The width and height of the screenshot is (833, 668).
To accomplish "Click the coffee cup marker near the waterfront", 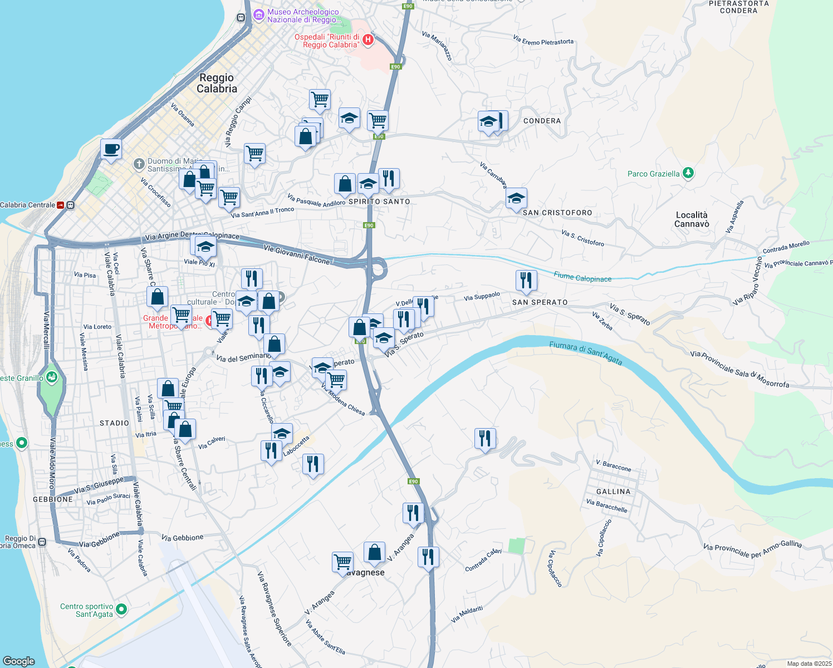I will pyautogui.click(x=111, y=149).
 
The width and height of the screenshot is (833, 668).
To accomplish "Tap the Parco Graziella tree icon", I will pyautogui.click(x=688, y=173).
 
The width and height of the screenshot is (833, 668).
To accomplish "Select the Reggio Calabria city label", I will pyautogui.click(x=217, y=83).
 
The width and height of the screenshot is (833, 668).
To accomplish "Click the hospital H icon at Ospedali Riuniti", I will pyautogui.click(x=367, y=40).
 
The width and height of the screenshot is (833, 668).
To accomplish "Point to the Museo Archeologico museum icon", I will pyautogui.click(x=258, y=15).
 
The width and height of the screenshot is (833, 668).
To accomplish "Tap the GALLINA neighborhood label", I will pyautogui.click(x=613, y=492).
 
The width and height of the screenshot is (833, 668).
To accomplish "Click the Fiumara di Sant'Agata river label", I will pyautogui.click(x=586, y=353).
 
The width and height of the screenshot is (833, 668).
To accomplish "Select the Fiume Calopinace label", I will pyautogui.click(x=582, y=277).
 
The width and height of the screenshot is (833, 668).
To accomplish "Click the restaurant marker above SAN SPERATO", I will pyautogui.click(x=526, y=281).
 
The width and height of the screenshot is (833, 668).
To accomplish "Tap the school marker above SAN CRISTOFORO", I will pyautogui.click(x=516, y=198).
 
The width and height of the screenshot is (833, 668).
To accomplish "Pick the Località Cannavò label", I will pyautogui.click(x=692, y=219).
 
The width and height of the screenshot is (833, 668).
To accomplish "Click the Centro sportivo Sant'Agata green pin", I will pyautogui.click(x=121, y=610).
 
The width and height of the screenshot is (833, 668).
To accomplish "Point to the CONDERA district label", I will pyautogui.click(x=542, y=121).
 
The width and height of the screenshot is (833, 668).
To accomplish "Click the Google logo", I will pyautogui.click(x=19, y=661).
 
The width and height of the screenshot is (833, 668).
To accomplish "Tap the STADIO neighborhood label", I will pyautogui.click(x=114, y=423).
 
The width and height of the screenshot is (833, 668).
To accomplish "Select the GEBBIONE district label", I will pyautogui.click(x=53, y=499).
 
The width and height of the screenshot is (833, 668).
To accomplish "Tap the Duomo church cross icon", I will pyautogui.click(x=139, y=164).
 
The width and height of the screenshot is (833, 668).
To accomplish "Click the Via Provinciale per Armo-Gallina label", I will pyautogui.click(x=752, y=549).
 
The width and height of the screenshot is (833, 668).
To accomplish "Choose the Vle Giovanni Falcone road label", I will pyautogui.click(x=297, y=254).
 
